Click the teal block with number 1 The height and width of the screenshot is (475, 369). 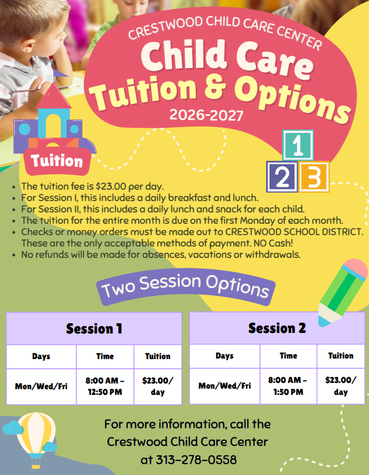298,145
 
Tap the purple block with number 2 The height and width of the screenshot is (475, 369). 281,177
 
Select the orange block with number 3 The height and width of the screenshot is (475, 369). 314,177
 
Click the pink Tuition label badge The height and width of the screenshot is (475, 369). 57,161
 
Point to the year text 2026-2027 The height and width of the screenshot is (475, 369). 206,115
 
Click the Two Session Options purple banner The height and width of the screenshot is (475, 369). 185,286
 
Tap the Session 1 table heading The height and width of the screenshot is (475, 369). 94,328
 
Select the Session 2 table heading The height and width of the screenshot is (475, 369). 277,328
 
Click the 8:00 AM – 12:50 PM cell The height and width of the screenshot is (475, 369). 105,386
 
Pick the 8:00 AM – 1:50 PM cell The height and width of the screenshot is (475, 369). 288,386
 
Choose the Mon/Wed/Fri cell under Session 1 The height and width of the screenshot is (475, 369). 42,386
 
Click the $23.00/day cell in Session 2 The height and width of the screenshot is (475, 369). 341,386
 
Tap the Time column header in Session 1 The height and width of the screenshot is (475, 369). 105,356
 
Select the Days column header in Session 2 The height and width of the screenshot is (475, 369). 225,356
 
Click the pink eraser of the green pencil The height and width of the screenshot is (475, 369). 355,268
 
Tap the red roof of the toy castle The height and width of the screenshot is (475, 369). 53,97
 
